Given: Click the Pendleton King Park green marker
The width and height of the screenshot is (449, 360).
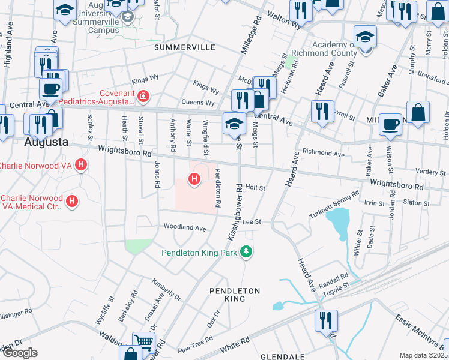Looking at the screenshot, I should coord(246,251).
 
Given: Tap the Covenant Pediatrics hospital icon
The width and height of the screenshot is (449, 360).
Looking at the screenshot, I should coord(143,96).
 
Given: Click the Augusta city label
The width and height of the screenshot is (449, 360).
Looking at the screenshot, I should coord(46,143).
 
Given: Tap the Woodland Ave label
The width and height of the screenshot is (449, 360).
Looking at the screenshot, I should coord(185,228).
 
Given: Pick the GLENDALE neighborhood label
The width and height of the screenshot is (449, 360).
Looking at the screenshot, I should coord(280,356).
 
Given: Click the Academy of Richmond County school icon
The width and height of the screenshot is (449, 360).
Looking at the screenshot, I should coord(364,38).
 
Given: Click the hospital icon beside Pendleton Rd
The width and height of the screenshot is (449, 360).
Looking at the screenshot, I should coord(194,179).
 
